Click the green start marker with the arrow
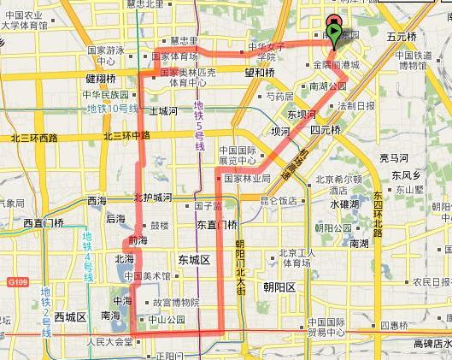334,32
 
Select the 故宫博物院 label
175,303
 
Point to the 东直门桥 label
217,225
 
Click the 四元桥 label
326,130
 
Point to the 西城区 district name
71,316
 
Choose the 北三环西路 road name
33,137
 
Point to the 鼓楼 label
160,227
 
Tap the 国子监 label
208,205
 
